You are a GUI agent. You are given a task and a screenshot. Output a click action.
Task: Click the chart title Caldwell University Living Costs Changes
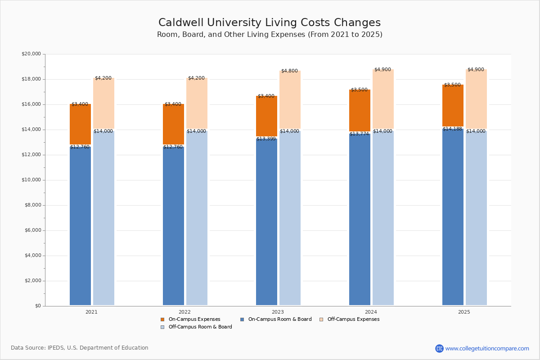pos(270,23)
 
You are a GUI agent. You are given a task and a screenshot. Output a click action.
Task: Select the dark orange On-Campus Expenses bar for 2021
pos(80,125)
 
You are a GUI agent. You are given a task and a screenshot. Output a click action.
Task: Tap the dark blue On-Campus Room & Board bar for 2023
pos(266,220)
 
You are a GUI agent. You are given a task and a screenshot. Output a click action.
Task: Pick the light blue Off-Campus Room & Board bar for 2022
pos(197,218)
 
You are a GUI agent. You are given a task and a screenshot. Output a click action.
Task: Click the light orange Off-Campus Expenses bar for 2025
pos(476,99)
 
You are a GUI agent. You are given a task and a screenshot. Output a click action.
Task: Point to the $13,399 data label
pos(266,139)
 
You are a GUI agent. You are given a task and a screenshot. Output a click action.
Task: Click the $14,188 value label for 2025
pos(452,129)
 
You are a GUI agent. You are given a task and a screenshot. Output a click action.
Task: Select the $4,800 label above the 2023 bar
pos(289,71)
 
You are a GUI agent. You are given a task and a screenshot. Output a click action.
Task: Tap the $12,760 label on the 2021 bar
pos(80,147)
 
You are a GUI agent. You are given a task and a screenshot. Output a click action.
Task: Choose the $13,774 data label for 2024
pos(359,134)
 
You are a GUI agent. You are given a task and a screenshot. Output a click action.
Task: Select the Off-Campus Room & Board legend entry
pos(200,327)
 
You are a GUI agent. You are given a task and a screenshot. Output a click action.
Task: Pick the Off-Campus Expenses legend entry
pos(353,319)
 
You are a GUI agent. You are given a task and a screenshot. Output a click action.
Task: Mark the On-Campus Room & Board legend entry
pos(279,319)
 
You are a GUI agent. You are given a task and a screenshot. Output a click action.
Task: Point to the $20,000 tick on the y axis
pos(31,54)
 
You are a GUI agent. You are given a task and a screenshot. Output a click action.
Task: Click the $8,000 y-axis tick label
pos(32,205)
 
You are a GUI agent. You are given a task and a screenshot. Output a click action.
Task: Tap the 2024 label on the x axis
pos(371,312)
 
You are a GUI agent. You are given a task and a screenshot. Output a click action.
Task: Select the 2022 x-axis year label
pos(184,312)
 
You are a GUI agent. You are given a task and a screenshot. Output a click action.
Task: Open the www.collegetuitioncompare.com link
pos(487,348)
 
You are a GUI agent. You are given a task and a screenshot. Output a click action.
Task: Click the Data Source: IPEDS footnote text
pos(80,348)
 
